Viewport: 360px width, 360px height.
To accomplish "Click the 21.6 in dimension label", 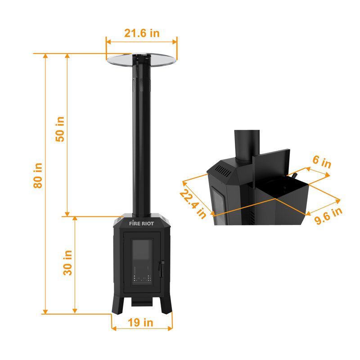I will click(142, 33).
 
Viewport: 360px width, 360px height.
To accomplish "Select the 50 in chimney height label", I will click(60, 129).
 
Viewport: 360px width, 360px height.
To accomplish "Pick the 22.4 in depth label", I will click(193, 203).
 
